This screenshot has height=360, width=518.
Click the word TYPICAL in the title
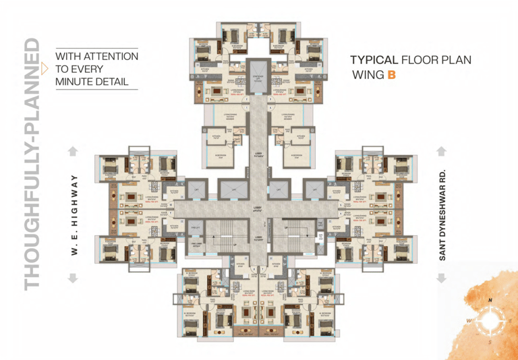pyautogui.click(x=373, y=60)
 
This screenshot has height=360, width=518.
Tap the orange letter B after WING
pyautogui.click(x=391, y=75)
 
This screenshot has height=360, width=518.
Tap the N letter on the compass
pyautogui.click(x=491, y=299)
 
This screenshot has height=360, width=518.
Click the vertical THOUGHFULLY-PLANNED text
pyautogui.click(x=32, y=165)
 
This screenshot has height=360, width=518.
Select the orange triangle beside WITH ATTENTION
pyautogui.click(x=45, y=68)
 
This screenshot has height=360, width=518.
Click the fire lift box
pyautogui.click(x=195, y=228)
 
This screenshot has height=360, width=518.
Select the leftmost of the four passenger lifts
pyautogui.click(x=195, y=189)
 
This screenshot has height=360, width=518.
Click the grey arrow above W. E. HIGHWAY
pyautogui.click(x=74, y=151)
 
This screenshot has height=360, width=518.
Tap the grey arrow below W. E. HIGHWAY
pyautogui.click(x=74, y=277)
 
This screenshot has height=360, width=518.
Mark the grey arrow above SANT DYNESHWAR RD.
pyautogui.click(x=442, y=151)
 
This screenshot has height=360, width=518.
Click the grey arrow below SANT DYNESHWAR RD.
pyautogui.click(x=442, y=277)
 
